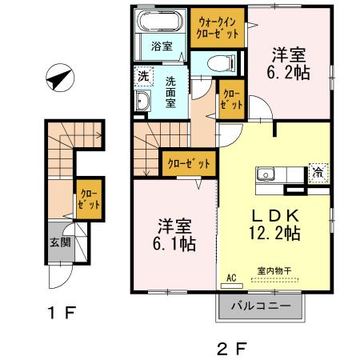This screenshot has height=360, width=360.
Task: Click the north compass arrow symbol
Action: pos(58,79)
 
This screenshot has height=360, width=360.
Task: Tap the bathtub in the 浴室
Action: pos(161,22)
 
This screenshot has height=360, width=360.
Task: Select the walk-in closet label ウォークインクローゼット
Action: pos(217,28)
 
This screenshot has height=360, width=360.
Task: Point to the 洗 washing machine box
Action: pos(142,77)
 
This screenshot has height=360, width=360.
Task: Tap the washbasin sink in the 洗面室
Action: pos(143,102)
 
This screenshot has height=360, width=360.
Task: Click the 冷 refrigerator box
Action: pos(318,172)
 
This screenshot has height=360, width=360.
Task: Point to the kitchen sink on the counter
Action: pos(266,174)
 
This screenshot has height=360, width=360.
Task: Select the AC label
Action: pos(233,278)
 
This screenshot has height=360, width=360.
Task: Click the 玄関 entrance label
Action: pos(60,242)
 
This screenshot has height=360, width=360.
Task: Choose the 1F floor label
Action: pos(60,313)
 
